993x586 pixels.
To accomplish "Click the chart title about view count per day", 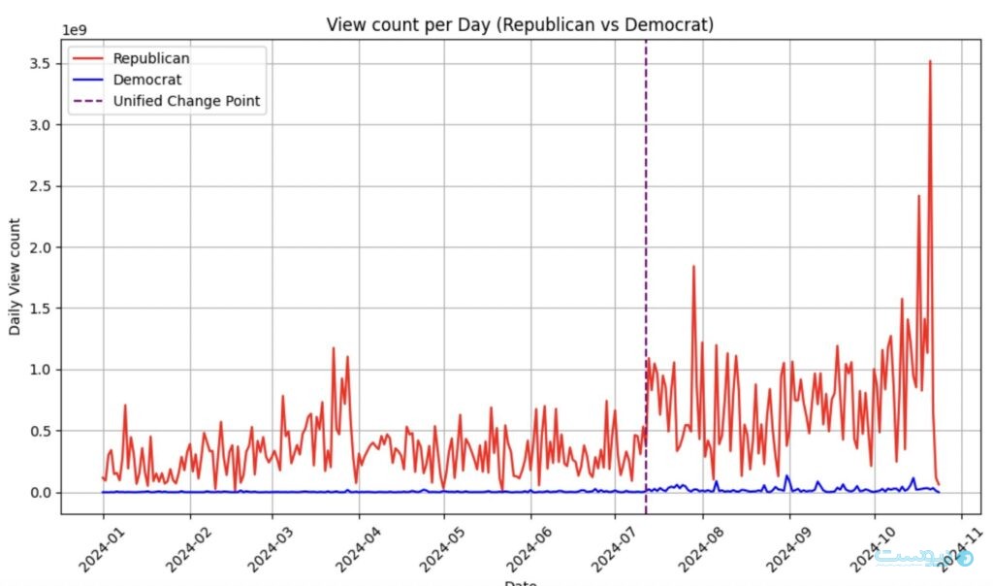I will click(x=520, y=24).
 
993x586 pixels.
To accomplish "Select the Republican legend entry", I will click(x=151, y=58).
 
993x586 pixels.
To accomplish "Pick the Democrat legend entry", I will click(x=146, y=80).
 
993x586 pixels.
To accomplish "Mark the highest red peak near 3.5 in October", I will click(x=930, y=62).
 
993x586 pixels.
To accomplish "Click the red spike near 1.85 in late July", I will click(x=693, y=267).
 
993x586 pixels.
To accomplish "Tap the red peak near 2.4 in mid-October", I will click(x=918, y=197).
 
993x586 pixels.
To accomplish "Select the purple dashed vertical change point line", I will click(x=646, y=243).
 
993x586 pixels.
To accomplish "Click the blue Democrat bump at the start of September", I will click(x=787, y=476).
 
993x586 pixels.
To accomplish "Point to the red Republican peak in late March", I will click(x=334, y=349).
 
